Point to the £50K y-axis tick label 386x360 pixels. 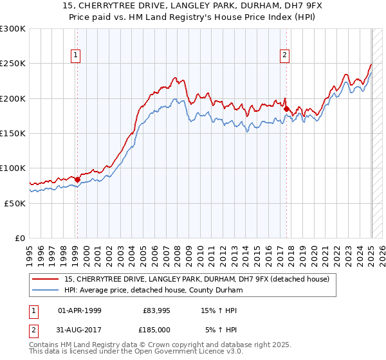pyautogui.click(x=15, y=203)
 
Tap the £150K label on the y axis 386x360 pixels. pyautogui.click(x=13, y=133)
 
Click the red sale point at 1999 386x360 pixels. pyautogui.click(x=77, y=179)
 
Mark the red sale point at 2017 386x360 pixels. pyautogui.click(x=287, y=109)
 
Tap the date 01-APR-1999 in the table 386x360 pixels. pyautogui.click(x=80, y=310)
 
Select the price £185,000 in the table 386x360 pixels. pyautogui.click(x=156, y=330)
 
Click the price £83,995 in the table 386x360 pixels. pyautogui.click(x=156, y=310)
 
